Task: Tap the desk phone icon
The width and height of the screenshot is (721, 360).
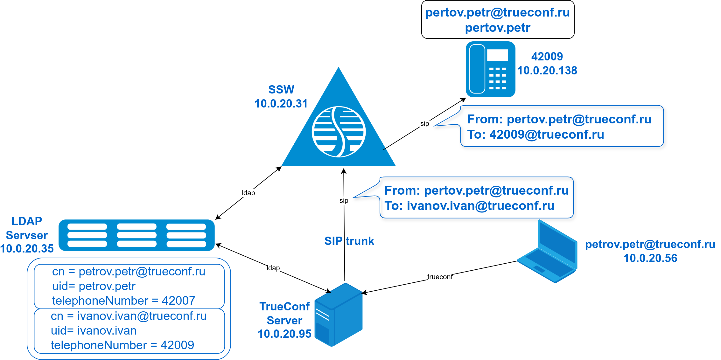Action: (490, 69)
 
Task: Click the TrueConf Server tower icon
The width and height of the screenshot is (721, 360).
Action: (339, 315)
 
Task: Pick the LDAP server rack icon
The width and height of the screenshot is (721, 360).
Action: (136, 235)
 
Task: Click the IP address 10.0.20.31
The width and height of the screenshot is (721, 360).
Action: (281, 104)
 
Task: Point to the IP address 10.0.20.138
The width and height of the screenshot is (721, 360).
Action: (547, 71)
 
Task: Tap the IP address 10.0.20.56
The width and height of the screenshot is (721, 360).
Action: (650, 258)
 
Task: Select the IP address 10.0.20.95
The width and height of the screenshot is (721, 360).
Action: (284, 334)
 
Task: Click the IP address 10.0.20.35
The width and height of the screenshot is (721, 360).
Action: (27, 249)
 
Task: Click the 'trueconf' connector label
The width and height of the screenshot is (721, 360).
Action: (440, 277)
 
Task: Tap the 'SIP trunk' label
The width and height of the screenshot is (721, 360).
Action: (349, 241)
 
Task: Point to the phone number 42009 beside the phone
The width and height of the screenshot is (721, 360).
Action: (547, 57)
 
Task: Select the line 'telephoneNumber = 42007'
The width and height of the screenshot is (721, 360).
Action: (123, 301)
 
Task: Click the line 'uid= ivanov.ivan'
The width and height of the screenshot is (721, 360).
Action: (94, 331)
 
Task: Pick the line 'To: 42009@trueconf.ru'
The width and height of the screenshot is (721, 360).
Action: (535, 135)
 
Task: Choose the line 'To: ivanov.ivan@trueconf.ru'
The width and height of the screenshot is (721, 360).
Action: (469, 206)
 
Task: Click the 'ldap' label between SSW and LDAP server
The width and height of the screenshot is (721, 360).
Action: (248, 193)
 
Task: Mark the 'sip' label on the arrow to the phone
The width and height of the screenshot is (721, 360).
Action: (424, 124)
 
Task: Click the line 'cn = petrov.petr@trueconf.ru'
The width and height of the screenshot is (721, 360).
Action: (129, 272)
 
